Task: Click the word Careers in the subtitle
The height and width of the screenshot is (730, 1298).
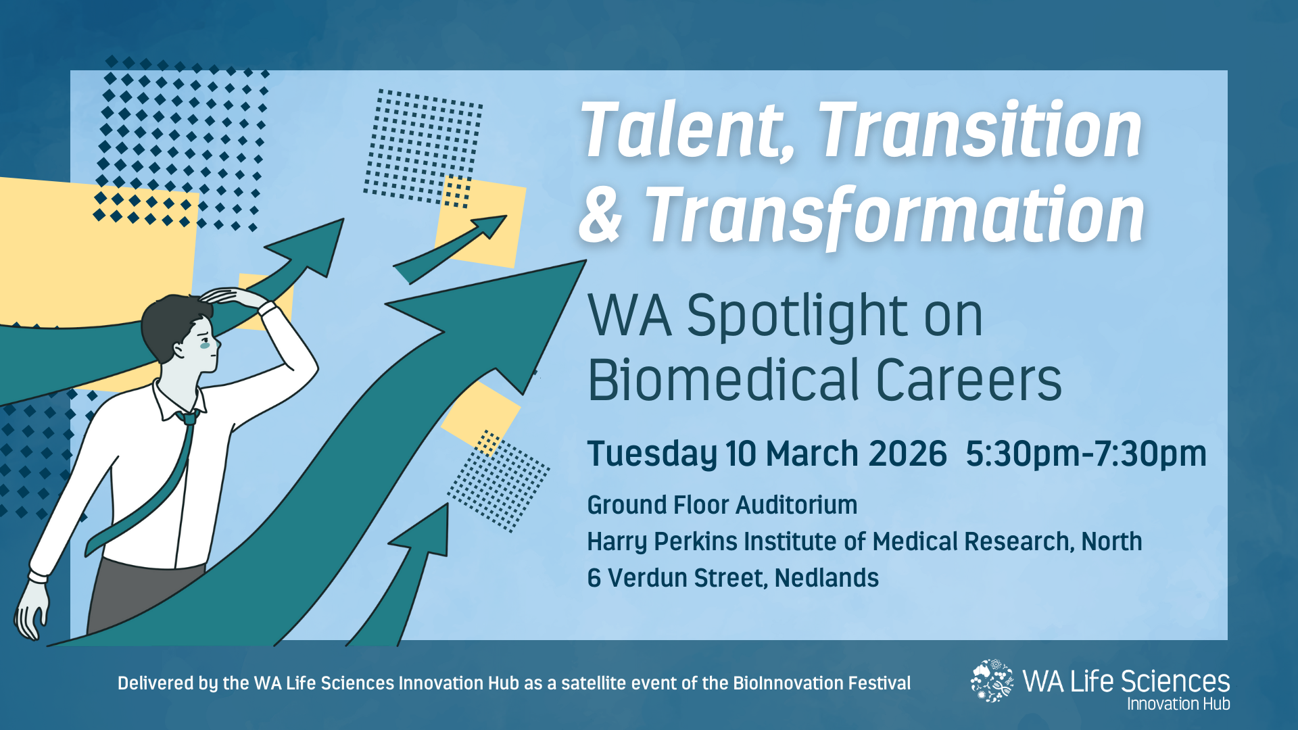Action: pos(968,380)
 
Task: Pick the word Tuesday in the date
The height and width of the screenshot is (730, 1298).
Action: pos(652,454)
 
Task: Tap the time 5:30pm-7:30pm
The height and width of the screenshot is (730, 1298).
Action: pos(1086,454)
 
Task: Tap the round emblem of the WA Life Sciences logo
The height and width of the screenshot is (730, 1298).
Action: pos(992,681)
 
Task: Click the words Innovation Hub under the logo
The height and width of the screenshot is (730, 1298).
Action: pos(1178,704)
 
